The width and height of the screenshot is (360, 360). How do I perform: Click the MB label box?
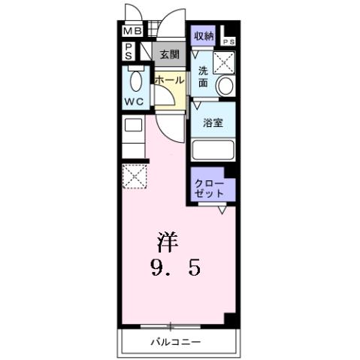[132, 32]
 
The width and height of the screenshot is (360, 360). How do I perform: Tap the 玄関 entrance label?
[168, 54]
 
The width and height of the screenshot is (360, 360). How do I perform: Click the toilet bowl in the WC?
[136, 80]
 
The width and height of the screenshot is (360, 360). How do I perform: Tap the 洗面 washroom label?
[203, 77]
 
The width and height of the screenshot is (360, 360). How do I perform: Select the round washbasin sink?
[225, 86]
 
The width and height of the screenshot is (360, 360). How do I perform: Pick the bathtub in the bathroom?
[213, 148]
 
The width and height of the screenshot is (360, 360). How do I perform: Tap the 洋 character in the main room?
[168, 243]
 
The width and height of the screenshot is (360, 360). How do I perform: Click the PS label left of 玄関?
[129, 51]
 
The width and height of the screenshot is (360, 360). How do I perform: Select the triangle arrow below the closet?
[222, 210]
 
